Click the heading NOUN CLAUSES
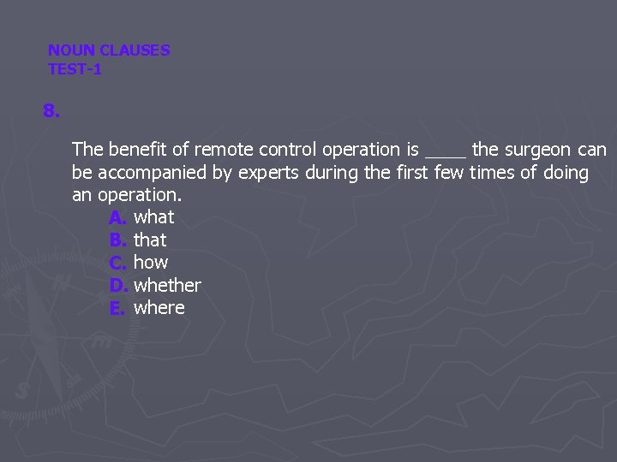[109, 50]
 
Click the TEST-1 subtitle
[75, 69]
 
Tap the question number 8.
[51, 112]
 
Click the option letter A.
[118, 217]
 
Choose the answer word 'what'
[154, 217]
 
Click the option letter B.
[118, 240]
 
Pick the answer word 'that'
[150, 240]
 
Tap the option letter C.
[118, 263]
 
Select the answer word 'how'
[151, 263]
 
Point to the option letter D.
[118, 286]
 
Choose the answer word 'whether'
[167, 286]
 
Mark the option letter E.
[117, 308]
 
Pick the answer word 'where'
[159, 308]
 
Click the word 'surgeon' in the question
[537, 151]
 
